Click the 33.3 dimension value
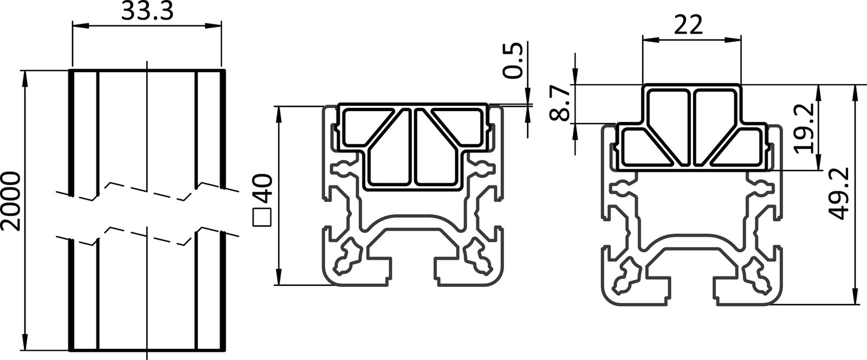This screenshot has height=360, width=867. (x=146, y=11)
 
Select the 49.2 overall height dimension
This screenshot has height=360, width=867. (x=838, y=193)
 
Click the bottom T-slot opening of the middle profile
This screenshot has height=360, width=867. (x=413, y=271)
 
